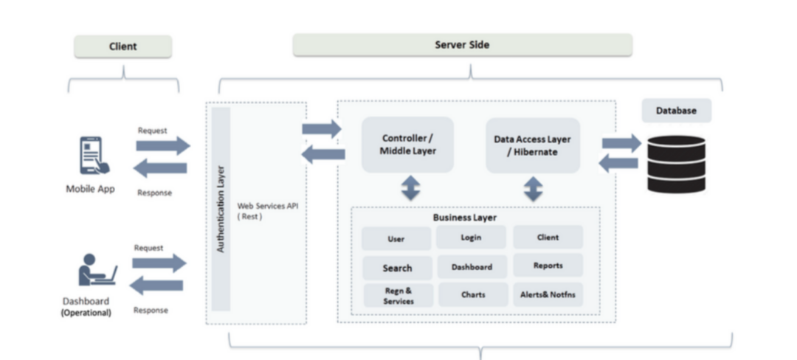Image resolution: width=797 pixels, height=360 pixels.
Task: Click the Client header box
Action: pos(123,46)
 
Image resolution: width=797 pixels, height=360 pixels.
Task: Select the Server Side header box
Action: pos(462,45)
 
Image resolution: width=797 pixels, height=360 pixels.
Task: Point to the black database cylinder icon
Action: pos(676,164)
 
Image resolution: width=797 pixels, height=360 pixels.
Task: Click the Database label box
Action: pos(676,111)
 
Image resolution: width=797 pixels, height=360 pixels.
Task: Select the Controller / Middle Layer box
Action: pos(407,145)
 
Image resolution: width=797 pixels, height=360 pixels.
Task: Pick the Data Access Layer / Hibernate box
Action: pos(532,145)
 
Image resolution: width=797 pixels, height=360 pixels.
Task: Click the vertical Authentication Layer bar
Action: pos(221,209)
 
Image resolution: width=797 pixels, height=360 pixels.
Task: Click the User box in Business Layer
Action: pos(396,239)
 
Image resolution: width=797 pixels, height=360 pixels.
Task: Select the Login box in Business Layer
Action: pos(471,238)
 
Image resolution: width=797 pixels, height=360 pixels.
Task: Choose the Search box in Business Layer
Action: pos(397,268)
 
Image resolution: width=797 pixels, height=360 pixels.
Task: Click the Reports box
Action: pos(548,266)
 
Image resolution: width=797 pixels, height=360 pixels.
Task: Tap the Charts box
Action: pos(473,294)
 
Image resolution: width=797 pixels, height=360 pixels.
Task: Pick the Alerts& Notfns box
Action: pos(548,294)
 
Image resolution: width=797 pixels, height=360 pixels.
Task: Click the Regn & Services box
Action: pos(398,296)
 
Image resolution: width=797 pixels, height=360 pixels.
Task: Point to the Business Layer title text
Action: pos(465,218)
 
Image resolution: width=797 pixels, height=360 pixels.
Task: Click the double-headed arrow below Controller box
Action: pos(410,189)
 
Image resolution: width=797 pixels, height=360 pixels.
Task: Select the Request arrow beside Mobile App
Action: pos(162,145)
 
